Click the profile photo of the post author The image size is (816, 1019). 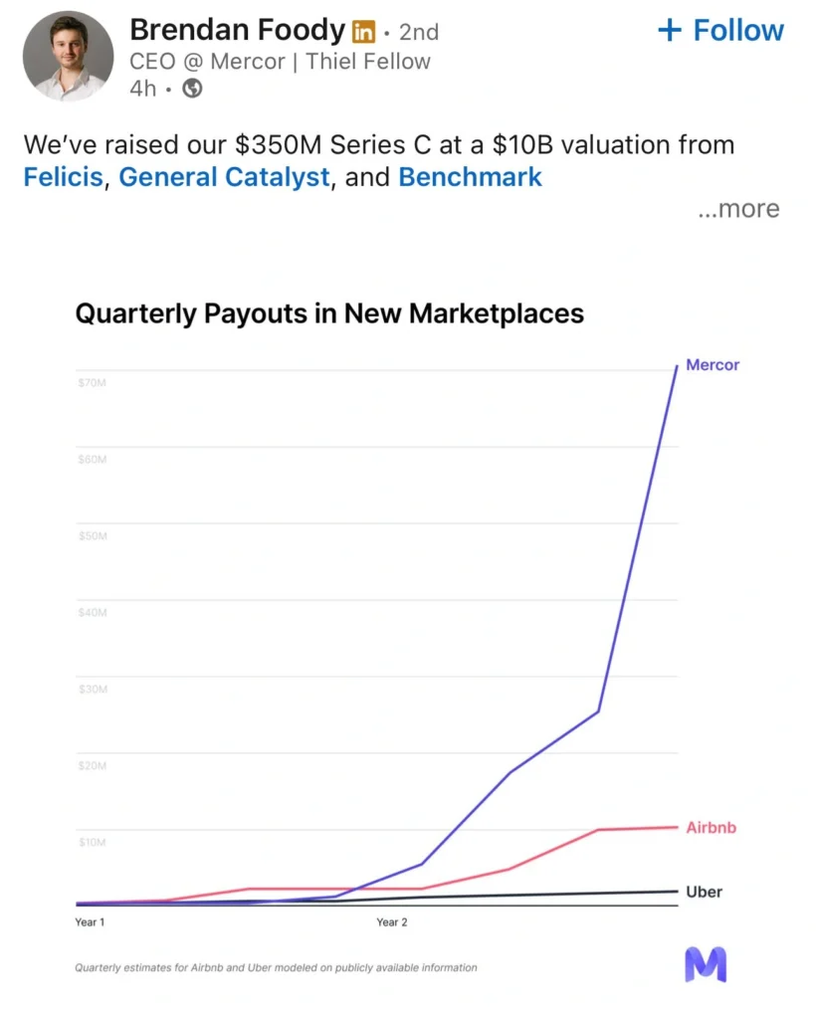pyautogui.click(x=67, y=56)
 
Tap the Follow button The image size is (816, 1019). pyautogui.click(x=721, y=30)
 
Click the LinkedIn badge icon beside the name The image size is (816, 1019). pyautogui.click(x=364, y=32)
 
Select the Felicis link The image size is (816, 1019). pyautogui.click(x=64, y=177)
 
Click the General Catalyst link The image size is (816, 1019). pyautogui.click(x=224, y=177)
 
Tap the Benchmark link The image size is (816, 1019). pyautogui.click(x=470, y=177)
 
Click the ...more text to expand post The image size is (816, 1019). pyautogui.click(x=737, y=209)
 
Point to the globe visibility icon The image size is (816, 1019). pyautogui.click(x=193, y=89)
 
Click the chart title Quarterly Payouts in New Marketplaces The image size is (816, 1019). pyautogui.click(x=329, y=313)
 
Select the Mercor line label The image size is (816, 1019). pyautogui.click(x=713, y=365)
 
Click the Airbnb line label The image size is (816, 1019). pyautogui.click(x=712, y=828)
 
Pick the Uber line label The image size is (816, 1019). pyautogui.click(x=705, y=892)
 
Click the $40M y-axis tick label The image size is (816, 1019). pyautogui.click(x=93, y=613)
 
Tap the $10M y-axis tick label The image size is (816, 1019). pyautogui.click(x=93, y=842)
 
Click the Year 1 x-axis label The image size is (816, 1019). pyautogui.click(x=90, y=922)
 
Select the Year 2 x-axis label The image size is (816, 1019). pyautogui.click(x=392, y=922)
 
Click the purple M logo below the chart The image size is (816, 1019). pyautogui.click(x=706, y=964)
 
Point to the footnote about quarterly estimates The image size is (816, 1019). pyautogui.click(x=276, y=967)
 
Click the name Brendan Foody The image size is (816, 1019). pyautogui.click(x=238, y=30)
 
